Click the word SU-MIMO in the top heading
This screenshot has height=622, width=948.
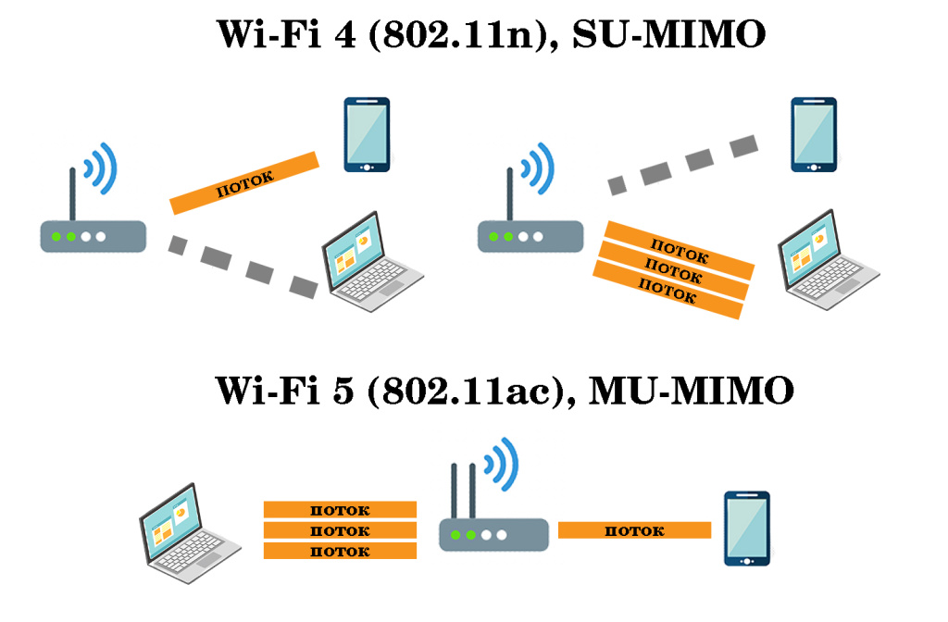point(668,36)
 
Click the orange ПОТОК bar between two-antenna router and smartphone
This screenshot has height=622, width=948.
point(634,530)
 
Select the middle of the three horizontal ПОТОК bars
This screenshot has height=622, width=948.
point(340,530)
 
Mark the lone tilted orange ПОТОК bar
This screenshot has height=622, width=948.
point(244,182)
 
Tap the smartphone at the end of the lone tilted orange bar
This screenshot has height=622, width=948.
point(367,135)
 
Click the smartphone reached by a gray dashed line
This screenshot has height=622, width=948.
point(814,135)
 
